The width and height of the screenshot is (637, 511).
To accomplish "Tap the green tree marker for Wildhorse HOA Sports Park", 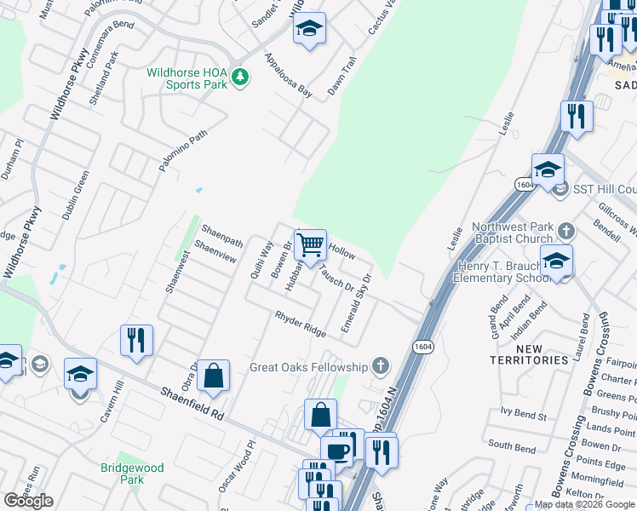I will (x=241, y=78).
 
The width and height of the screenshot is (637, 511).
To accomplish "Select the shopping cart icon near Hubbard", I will (x=311, y=244).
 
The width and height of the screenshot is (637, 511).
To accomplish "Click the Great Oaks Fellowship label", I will (x=307, y=367).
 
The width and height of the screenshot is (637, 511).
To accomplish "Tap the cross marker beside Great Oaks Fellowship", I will (x=380, y=367).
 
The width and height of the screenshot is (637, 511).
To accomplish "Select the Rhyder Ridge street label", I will (x=301, y=324).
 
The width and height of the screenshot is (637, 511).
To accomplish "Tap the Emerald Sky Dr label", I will (x=357, y=302).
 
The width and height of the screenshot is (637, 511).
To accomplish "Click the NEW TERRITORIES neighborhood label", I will (x=528, y=354).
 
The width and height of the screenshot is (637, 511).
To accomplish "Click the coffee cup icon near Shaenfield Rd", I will (x=336, y=451).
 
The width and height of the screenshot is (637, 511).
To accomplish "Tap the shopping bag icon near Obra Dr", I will (x=213, y=375).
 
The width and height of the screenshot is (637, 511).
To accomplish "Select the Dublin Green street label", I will (x=76, y=197).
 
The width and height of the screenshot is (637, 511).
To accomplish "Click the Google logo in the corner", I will (x=28, y=501).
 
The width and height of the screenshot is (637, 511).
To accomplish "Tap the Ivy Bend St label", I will (x=523, y=415).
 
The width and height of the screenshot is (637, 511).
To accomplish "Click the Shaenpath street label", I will (x=221, y=237).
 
